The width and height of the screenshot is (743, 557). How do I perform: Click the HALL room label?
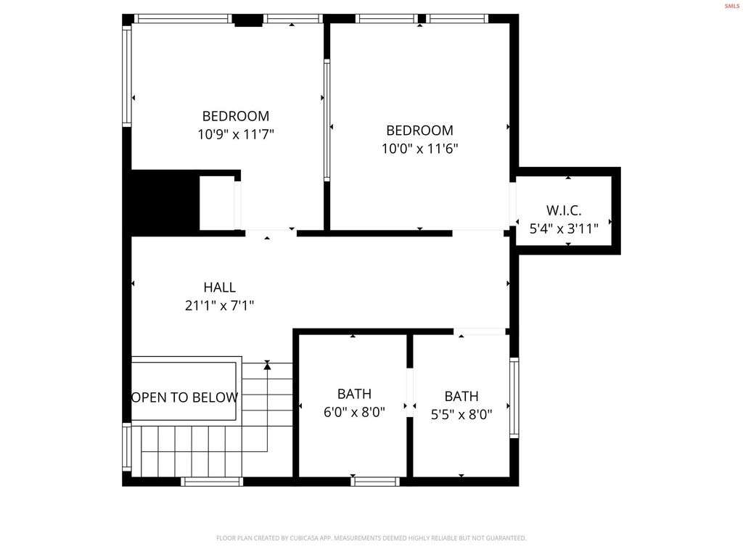click(219, 287)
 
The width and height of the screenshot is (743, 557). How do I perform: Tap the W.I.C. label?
click(564, 210)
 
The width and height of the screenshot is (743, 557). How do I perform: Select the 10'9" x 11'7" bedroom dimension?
click(236, 134)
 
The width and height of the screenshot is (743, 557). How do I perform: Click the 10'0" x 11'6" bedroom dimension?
click(419, 149)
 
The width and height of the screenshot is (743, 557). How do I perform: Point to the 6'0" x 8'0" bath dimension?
click(354, 412)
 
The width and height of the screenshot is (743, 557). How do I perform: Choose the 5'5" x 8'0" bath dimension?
click(461, 415)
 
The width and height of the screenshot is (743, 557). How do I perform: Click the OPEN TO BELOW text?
click(184, 397)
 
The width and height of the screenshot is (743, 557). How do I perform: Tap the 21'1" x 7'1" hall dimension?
click(219, 306)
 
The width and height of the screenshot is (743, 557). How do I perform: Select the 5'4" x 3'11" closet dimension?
click(564, 229)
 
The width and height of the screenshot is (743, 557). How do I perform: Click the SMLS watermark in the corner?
click(731, 6)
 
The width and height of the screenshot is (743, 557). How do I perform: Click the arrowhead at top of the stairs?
click(267, 366)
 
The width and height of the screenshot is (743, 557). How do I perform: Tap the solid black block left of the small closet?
click(165, 202)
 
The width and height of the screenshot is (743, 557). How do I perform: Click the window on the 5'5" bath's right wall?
click(514, 397)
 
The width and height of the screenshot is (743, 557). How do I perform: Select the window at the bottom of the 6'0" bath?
click(374, 480)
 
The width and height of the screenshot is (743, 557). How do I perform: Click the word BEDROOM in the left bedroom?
click(236, 116)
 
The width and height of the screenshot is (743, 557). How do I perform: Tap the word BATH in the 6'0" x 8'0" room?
click(354, 394)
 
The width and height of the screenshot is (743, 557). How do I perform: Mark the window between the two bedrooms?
click(327, 120)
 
